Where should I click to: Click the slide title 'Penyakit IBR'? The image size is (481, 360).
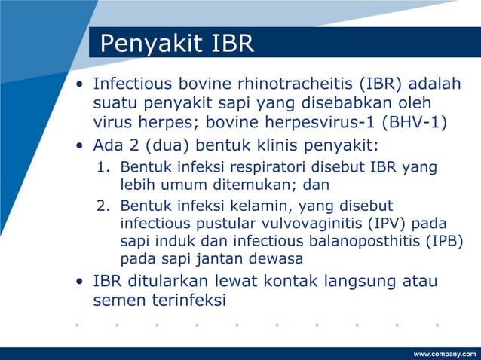click(176, 44)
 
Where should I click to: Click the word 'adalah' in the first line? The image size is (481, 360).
click(435, 84)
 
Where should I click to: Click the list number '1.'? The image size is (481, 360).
click(105, 166)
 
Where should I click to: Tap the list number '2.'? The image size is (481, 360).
click(105, 206)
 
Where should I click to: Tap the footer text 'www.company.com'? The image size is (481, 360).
click(445, 353)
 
